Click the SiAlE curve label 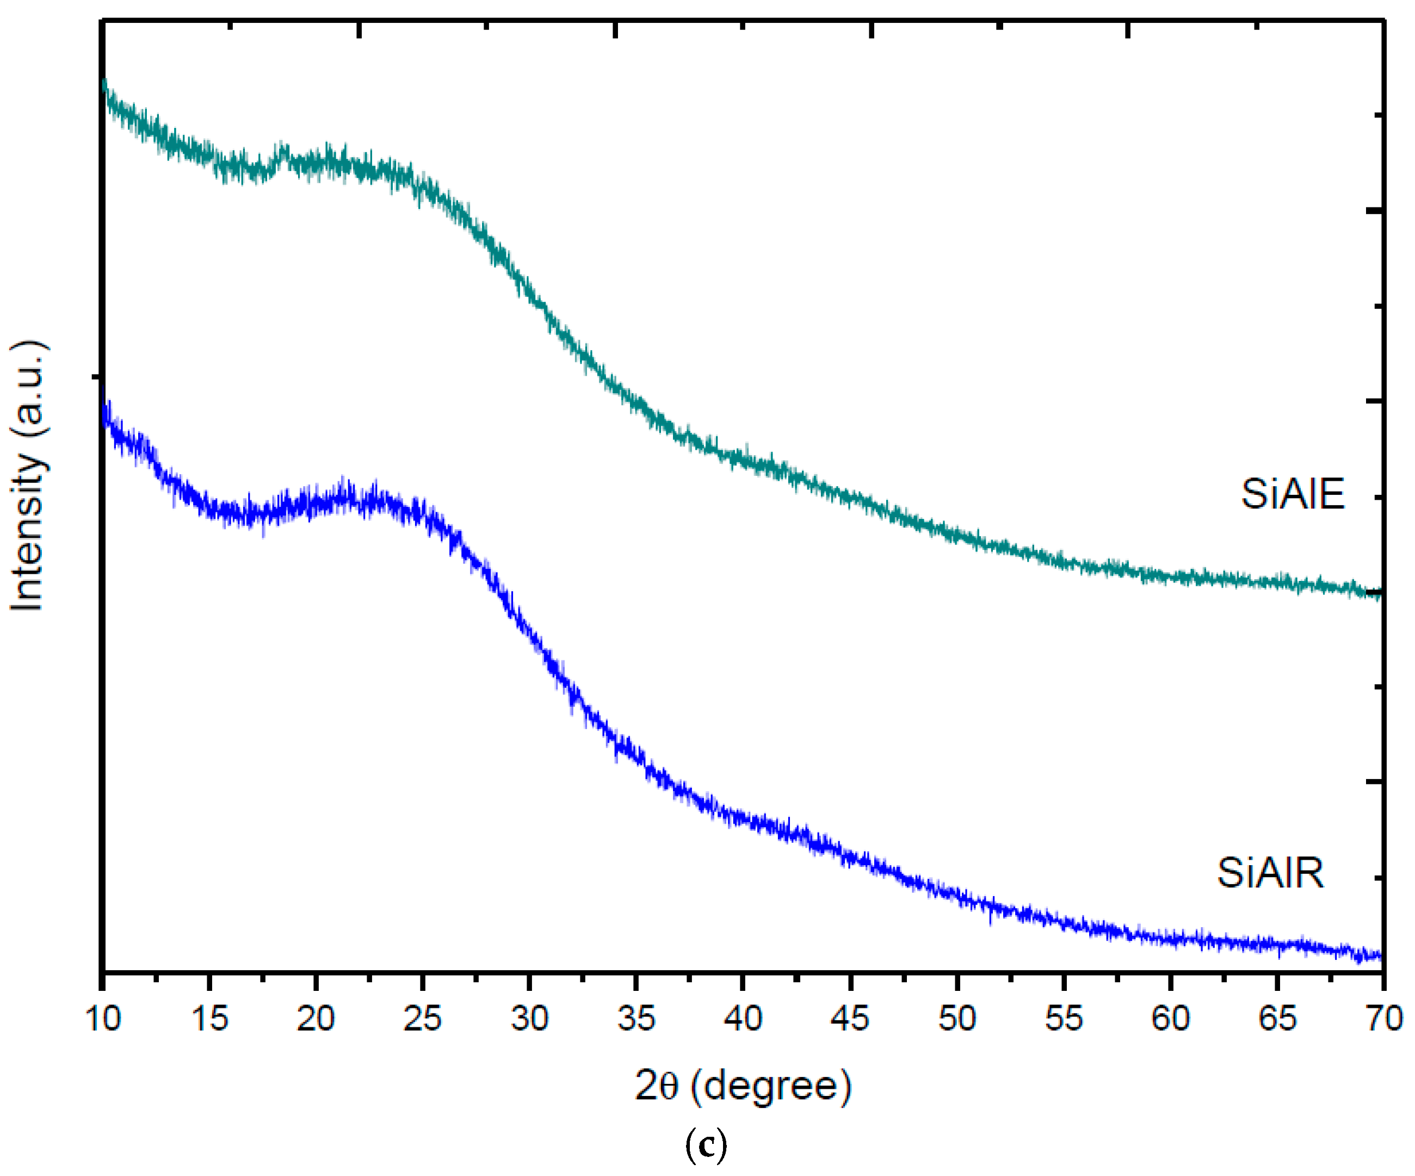pyautogui.click(x=1293, y=494)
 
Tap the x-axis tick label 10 pyautogui.click(x=103, y=1018)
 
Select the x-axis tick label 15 pyautogui.click(x=209, y=1018)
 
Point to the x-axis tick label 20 pyautogui.click(x=316, y=1018)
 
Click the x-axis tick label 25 pyautogui.click(x=423, y=1018)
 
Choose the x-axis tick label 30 pyautogui.click(x=530, y=1018)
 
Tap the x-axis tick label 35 pyautogui.click(x=636, y=1018)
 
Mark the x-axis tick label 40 pyautogui.click(x=743, y=1018)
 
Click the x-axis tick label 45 pyautogui.click(x=850, y=1018)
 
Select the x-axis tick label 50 pyautogui.click(x=957, y=1018)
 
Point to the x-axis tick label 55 pyautogui.click(x=1063, y=1018)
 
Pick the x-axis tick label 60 pyautogui.click(x=1170, y=1018)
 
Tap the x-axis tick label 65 pyautogui.click(x=1277, y=1018)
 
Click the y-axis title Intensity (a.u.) pyautogui.click(x=28, y=476)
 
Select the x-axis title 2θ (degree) pyautogui.click(x=743, y=1086)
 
